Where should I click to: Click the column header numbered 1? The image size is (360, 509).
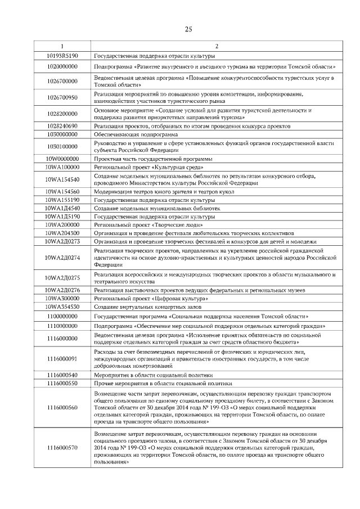pos(62,46)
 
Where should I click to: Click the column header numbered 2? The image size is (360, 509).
pos(217,46)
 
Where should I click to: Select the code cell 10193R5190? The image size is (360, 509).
pos(62,56)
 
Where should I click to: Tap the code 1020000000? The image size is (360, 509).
pos(62,66)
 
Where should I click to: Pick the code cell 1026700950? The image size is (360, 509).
pos(62,97)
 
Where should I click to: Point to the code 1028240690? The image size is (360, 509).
pos(62,126)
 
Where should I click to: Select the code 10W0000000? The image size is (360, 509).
pos(62,159)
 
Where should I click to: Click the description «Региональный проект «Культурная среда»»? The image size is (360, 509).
pos(148,167)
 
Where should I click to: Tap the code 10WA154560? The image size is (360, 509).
pos(62,191)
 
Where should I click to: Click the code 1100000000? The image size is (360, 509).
pos(62,317)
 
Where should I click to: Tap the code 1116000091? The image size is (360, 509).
pos(62,358)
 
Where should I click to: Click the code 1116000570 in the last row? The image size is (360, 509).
pos(62,448)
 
